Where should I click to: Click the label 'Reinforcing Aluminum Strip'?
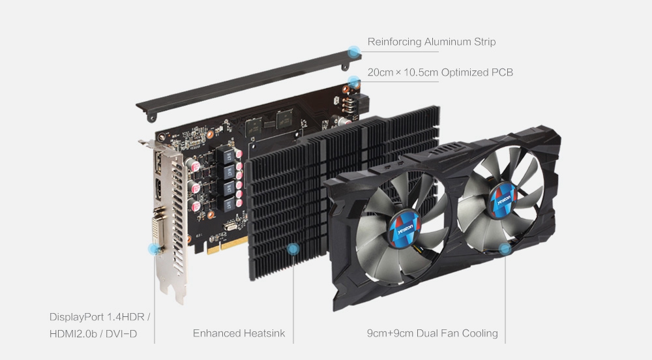[431, 42]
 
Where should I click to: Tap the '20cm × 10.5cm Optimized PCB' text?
[440, 72]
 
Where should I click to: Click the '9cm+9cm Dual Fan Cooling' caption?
[432, 333]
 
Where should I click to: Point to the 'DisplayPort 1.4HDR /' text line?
[100, 318]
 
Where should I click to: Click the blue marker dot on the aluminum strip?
[354, 51]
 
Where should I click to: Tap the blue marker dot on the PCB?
[354, 82]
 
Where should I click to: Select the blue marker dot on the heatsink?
[293, 248]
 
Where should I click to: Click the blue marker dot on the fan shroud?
[504, 248]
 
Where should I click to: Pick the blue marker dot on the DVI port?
[155, 248]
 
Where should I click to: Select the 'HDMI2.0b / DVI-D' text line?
[93, 333]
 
